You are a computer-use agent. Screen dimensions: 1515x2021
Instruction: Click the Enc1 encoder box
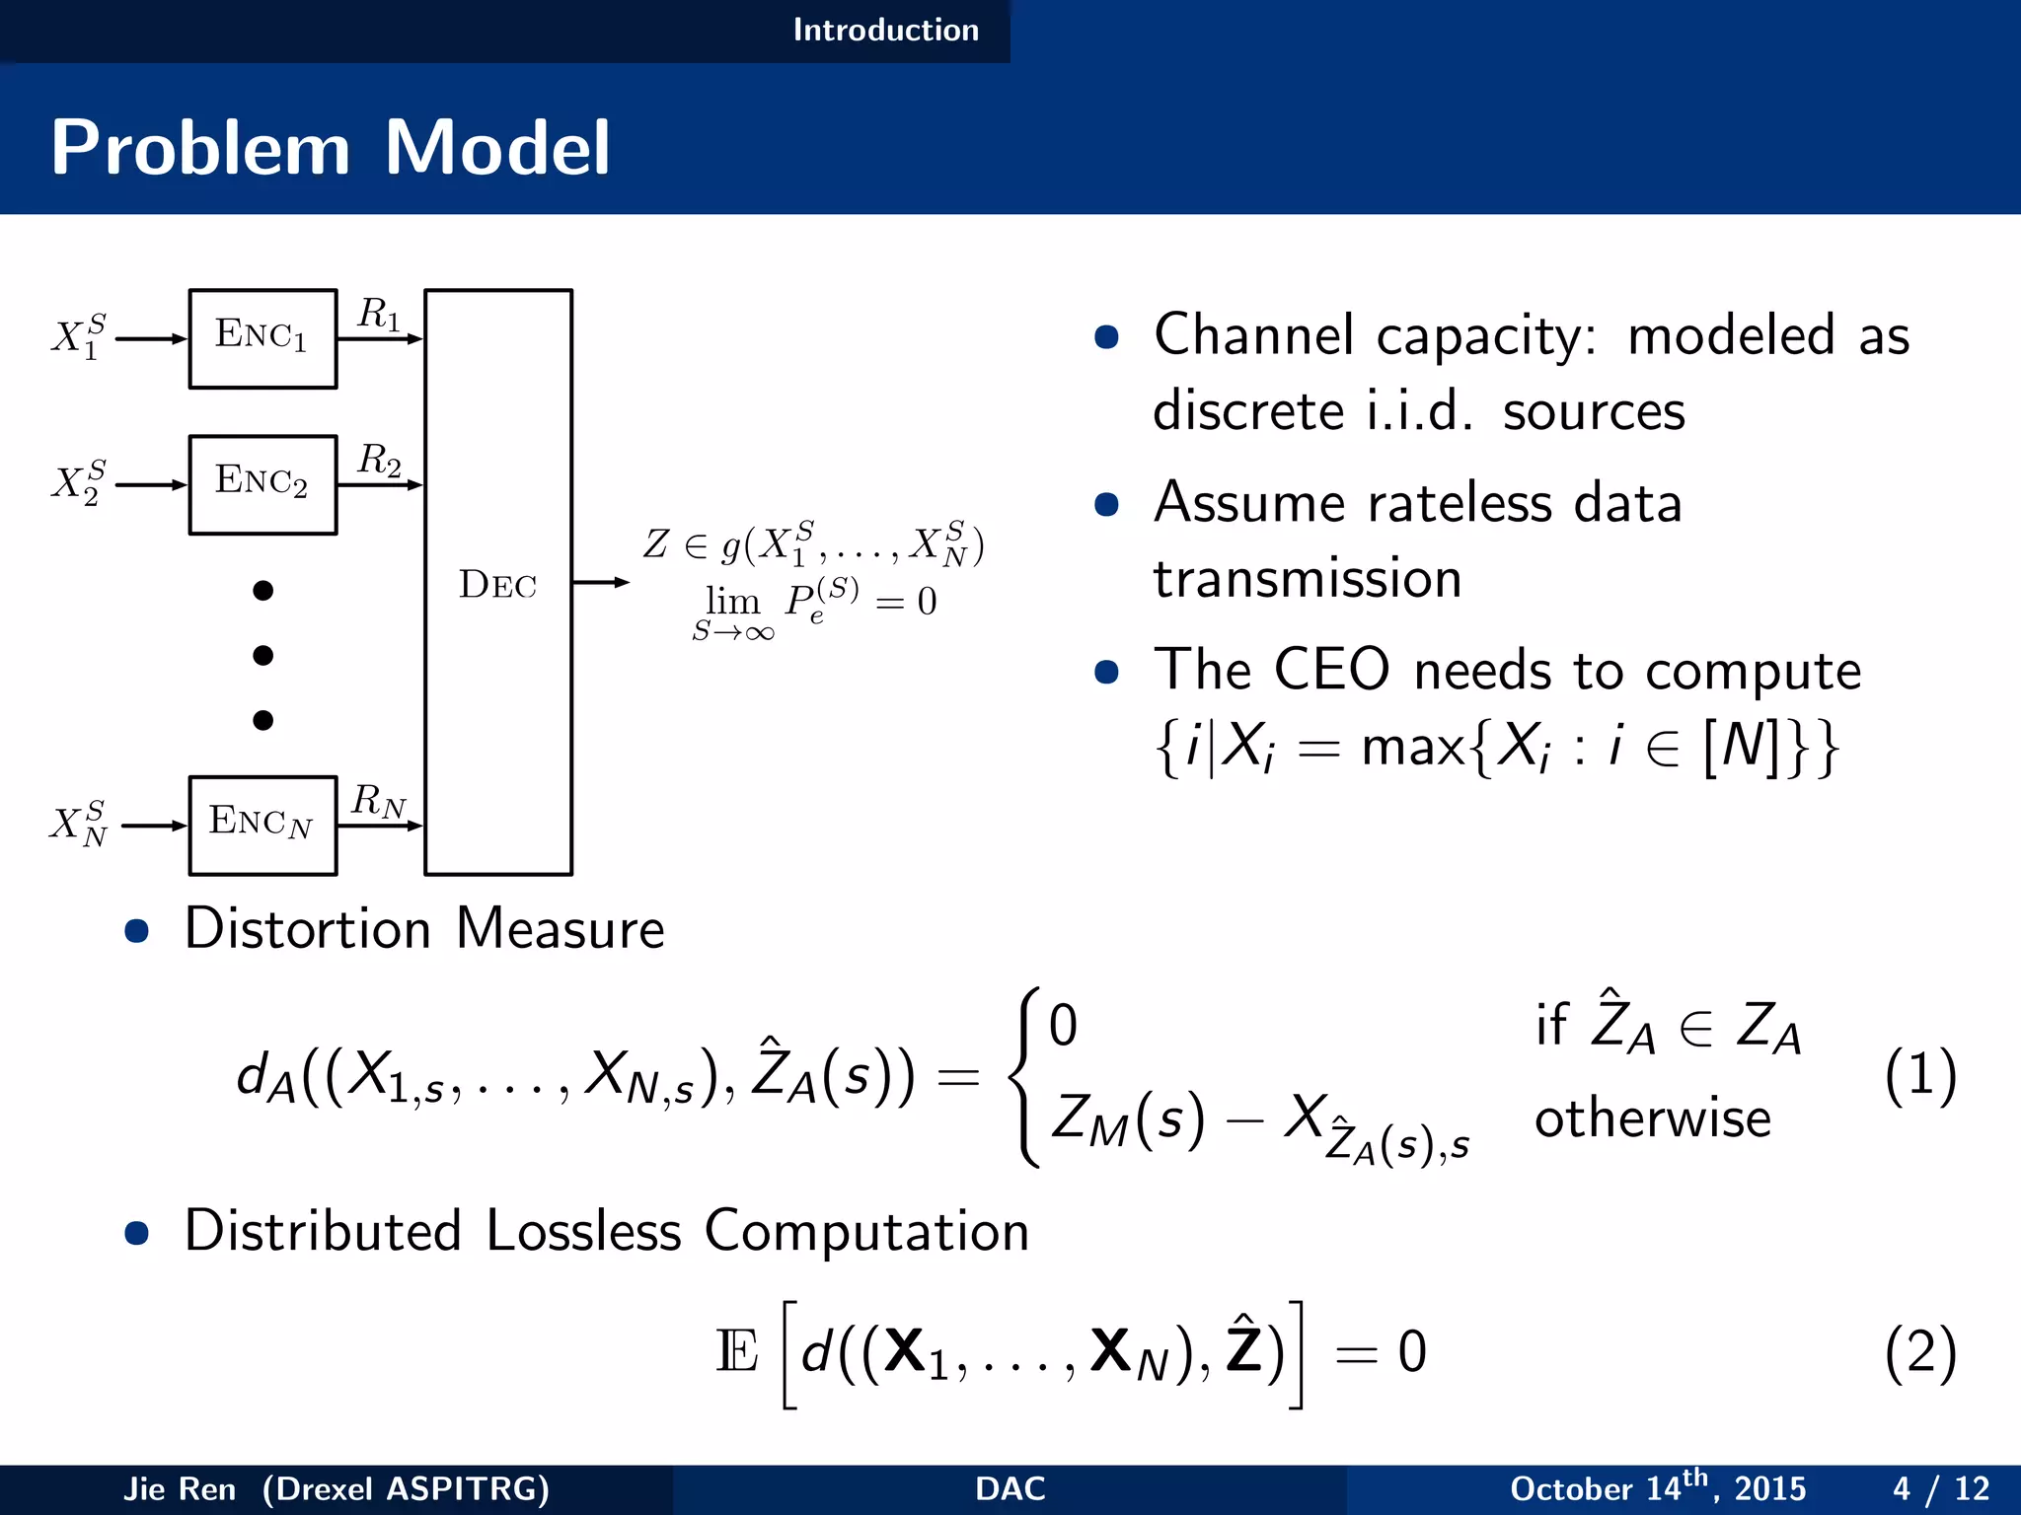point(262,338)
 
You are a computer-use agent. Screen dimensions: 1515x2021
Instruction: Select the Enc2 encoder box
point(262,484)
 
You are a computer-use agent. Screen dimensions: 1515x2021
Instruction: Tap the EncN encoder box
point(262,826)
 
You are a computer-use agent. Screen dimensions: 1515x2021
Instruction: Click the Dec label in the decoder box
point(497,585)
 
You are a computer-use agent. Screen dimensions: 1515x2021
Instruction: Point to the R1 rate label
point(379,315)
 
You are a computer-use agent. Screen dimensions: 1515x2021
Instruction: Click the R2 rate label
point(379,461)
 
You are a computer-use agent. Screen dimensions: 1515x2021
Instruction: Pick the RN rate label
point(379,801)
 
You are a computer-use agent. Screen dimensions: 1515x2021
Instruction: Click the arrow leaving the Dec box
point(601,582)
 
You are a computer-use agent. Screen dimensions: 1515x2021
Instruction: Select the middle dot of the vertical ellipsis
point(262,655)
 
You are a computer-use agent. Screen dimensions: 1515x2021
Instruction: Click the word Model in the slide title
point(497,148)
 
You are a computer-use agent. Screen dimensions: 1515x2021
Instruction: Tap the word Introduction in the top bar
point(885,30)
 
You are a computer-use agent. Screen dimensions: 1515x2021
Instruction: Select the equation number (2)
point(1919,1351)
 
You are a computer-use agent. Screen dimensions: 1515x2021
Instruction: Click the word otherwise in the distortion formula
point(1653,1119)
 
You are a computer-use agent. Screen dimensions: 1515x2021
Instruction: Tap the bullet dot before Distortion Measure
point(137,931)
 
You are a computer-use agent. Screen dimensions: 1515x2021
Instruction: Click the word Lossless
point(583,1231)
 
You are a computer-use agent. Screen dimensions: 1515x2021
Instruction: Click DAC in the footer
point(1010,1488)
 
